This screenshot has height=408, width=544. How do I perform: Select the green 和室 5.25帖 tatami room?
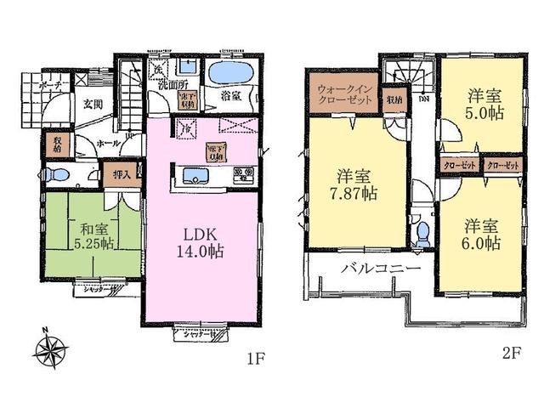(90, 234)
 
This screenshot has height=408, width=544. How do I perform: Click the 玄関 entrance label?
(92, 105)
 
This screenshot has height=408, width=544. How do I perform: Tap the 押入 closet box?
(123, 175)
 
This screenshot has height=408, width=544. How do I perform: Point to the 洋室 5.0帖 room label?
(482, 105)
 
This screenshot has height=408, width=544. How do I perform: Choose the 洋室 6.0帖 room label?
(482, 234)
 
